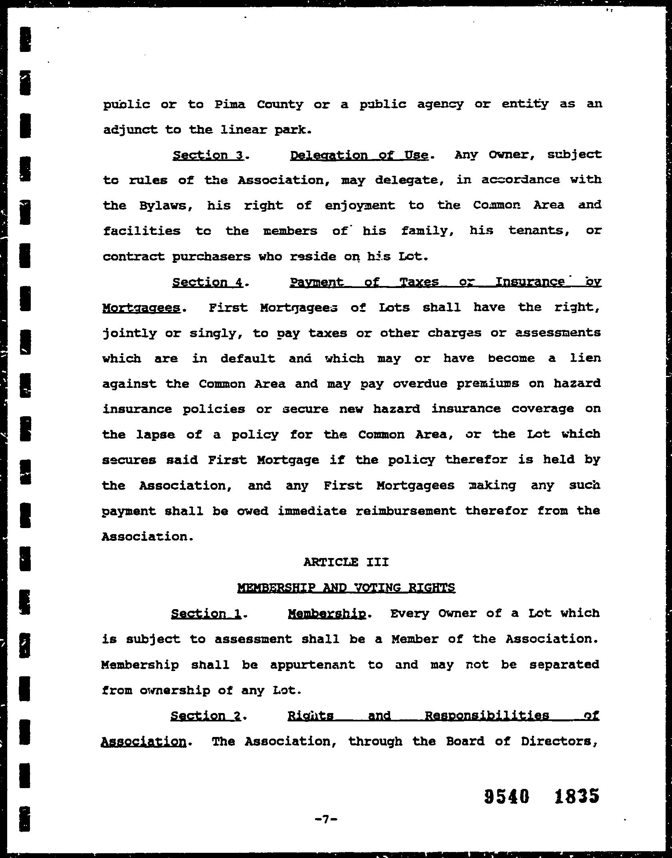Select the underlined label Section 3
208,155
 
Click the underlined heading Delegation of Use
359,155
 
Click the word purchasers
211,256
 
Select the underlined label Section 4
208,282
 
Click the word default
248,358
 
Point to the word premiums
488,384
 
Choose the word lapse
156,435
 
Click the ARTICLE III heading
346,562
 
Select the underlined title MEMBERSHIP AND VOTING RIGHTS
346,588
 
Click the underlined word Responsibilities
487,715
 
